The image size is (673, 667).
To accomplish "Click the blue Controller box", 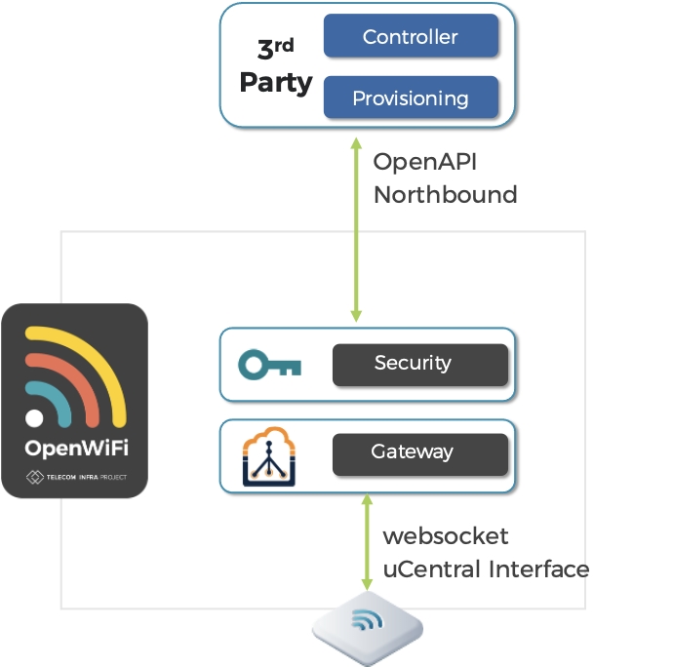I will click(x=411, y=37).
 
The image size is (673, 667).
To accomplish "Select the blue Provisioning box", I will click(x=411, y=98).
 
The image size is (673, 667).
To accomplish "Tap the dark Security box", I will click(x=420, y=364).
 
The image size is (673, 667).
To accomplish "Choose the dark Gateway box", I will click(x=420, y=452).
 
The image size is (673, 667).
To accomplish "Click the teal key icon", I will click(x=270, y=365).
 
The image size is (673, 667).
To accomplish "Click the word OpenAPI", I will click(x=425, y=162).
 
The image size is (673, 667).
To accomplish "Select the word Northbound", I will click(x=445, y=194).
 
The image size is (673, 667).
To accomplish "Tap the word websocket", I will click(x=445, y=536).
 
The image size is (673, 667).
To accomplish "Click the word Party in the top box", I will click(x=275, y=82).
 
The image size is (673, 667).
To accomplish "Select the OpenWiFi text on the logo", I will click(x=76, y=449).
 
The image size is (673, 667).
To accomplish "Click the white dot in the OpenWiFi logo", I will click(x=34, y=419).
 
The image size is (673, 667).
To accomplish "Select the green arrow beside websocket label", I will click(x=368, y=540).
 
